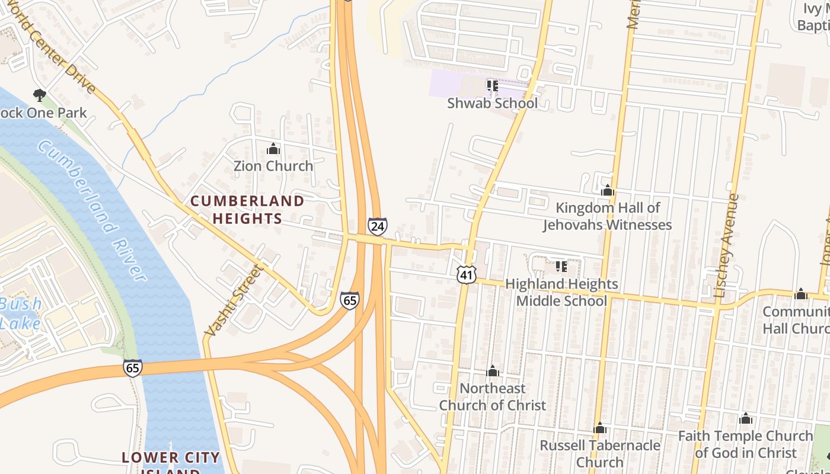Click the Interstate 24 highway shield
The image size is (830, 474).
(378, 226)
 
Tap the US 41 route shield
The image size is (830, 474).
(466, 274)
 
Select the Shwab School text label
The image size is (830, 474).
(492, 103)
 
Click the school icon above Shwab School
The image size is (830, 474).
(492, 86)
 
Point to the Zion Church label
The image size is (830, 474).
(273, 166)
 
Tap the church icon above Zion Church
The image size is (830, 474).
(273, 149)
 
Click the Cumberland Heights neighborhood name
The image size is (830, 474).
(247, 210)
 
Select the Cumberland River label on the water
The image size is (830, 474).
(92, 210)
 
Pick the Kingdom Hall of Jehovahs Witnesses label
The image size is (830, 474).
(608, 216)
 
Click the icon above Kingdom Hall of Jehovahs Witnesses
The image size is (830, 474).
(607, 191)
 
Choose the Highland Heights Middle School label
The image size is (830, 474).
(561, 293)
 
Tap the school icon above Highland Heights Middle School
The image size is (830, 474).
(561, 267)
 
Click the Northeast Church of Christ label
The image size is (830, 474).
(493, 397)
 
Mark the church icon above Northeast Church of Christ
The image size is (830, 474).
(493, 371)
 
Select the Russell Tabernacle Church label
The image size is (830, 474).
(600, 453)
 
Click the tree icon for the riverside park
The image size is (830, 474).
(39, 95)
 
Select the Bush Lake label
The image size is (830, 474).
(21, 314)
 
